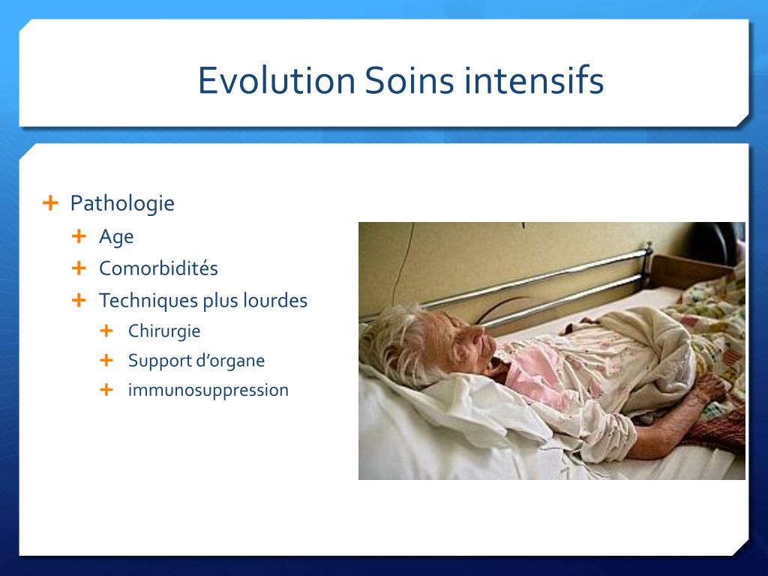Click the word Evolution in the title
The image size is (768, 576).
(x=276, y=80)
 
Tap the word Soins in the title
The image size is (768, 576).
(x=409, y=80)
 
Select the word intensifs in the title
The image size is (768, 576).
(x=534, y=80)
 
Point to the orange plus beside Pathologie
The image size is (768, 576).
(x=50, y=202)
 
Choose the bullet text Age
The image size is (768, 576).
(x=116, y=237)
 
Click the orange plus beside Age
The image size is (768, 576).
(x=79, y=236)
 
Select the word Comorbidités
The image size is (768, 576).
(x=158, y=268)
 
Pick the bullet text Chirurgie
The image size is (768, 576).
(x=164, y=331)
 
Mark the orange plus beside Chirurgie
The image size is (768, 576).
(x=106, y=331)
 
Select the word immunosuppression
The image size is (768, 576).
(x=208, y=390)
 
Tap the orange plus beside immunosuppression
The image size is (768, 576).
(x=106, y=390)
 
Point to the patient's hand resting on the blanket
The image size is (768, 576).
(x=709, y=387)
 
